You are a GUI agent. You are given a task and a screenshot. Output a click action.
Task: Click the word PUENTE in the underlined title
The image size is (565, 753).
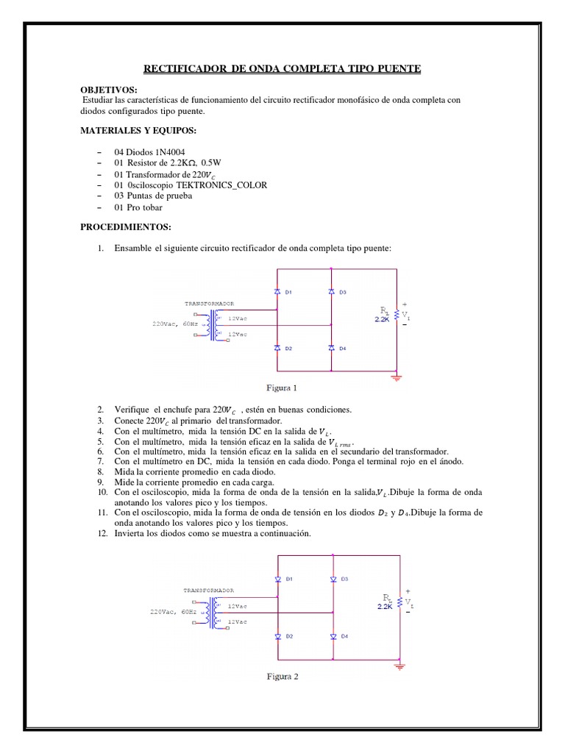[397, 68]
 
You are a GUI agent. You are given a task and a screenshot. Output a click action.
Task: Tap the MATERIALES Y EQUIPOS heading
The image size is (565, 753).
[139, 130]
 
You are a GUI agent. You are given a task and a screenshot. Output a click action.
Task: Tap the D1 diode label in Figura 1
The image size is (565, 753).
[289, 293]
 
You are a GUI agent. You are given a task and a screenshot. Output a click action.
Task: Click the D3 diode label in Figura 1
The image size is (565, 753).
[343, 293]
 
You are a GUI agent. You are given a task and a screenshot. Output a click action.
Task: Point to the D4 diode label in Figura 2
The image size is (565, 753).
[344, 636]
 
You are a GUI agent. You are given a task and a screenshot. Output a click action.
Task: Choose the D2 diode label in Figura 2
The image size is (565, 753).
[290, 636]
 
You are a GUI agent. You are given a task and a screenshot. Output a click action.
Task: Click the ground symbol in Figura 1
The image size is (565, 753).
[397, 377]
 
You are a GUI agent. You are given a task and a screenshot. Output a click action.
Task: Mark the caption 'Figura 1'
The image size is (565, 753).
[282, 388]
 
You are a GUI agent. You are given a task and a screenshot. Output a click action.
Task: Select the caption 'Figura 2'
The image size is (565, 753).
[282, 677]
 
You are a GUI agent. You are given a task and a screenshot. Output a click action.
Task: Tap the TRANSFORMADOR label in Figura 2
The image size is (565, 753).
[209, 590]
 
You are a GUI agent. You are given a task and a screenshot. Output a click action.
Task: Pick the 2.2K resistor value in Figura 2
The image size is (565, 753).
[385, 607]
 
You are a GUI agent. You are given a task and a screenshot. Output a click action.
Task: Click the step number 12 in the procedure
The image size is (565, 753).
[102, 533]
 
